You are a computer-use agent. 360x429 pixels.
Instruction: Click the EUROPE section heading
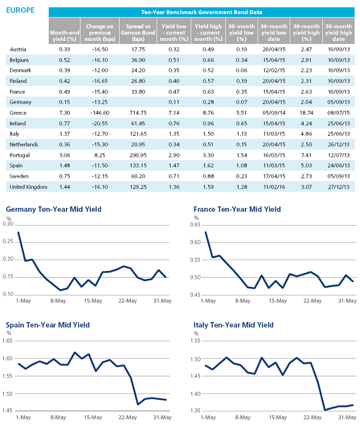click(x=20, y=10)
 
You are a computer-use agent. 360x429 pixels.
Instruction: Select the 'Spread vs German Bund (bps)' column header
click(x=138, y=33)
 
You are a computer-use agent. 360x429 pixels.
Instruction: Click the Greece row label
click(x=18, y=113)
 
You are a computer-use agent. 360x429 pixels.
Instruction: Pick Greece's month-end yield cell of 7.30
click(x=64, y=113)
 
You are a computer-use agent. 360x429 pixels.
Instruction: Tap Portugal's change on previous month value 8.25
click(x=100, y=155)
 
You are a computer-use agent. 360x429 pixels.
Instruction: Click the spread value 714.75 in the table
click(x=138, y=113)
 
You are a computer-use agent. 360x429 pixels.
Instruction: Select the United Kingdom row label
click(x=28, y=187)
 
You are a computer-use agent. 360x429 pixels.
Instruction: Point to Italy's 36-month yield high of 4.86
click(x=306, y=134)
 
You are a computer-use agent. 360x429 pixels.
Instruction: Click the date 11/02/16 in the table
click(x=274, y=187)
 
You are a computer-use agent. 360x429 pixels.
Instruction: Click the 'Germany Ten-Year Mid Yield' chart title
click(x=54, y=210)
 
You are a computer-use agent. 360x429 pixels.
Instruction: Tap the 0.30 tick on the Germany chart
click(x=8, y=224)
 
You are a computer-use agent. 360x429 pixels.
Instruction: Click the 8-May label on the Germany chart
click(x=58, y=300)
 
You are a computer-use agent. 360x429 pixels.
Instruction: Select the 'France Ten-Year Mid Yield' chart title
click(x=237, y=210)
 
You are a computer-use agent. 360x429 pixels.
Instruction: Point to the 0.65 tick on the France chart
click(x=195, y=224)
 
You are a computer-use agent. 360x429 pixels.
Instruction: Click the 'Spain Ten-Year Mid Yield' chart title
click(x=48, y=325)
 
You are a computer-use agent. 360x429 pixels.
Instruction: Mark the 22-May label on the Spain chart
click(x=127, y=417)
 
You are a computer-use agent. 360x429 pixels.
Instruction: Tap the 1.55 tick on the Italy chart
click(x=196, y=341)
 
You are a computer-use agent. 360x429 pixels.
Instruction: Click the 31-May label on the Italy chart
click(x=347, y=417)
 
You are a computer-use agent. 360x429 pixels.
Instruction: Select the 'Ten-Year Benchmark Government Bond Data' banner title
click(x=202, y=12)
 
